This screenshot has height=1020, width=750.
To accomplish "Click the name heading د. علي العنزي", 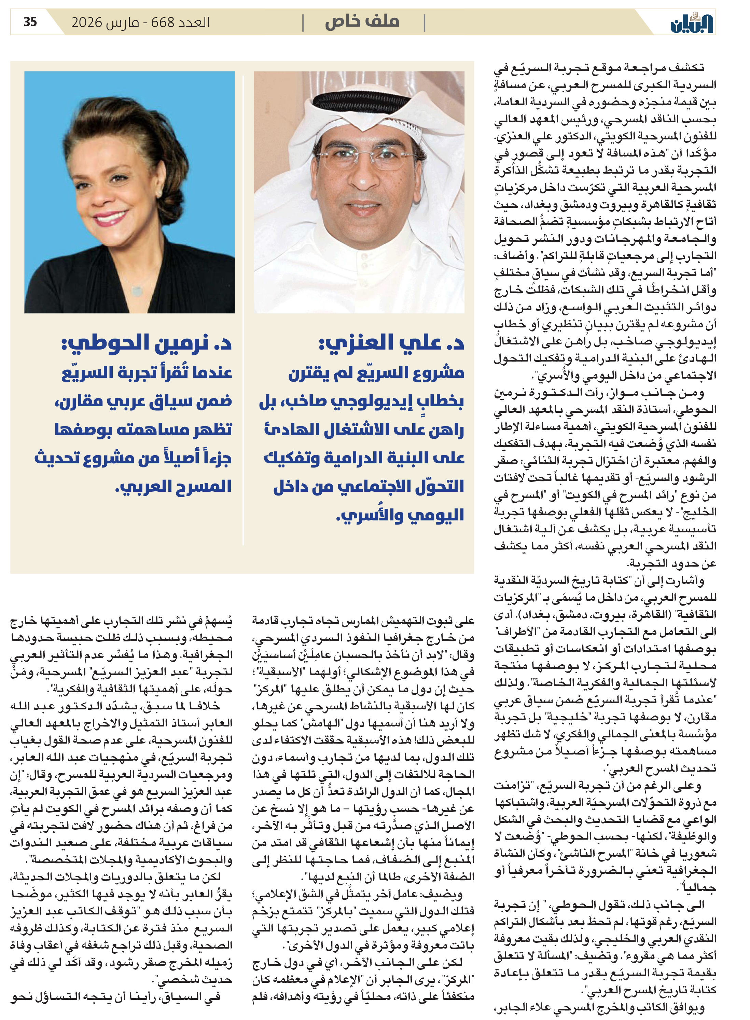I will point(391,342).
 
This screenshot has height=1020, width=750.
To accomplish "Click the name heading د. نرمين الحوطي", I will point(147,342).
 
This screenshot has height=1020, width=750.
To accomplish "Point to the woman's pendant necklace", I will point(137,289).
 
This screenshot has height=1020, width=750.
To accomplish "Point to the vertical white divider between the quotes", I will point(244,309).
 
